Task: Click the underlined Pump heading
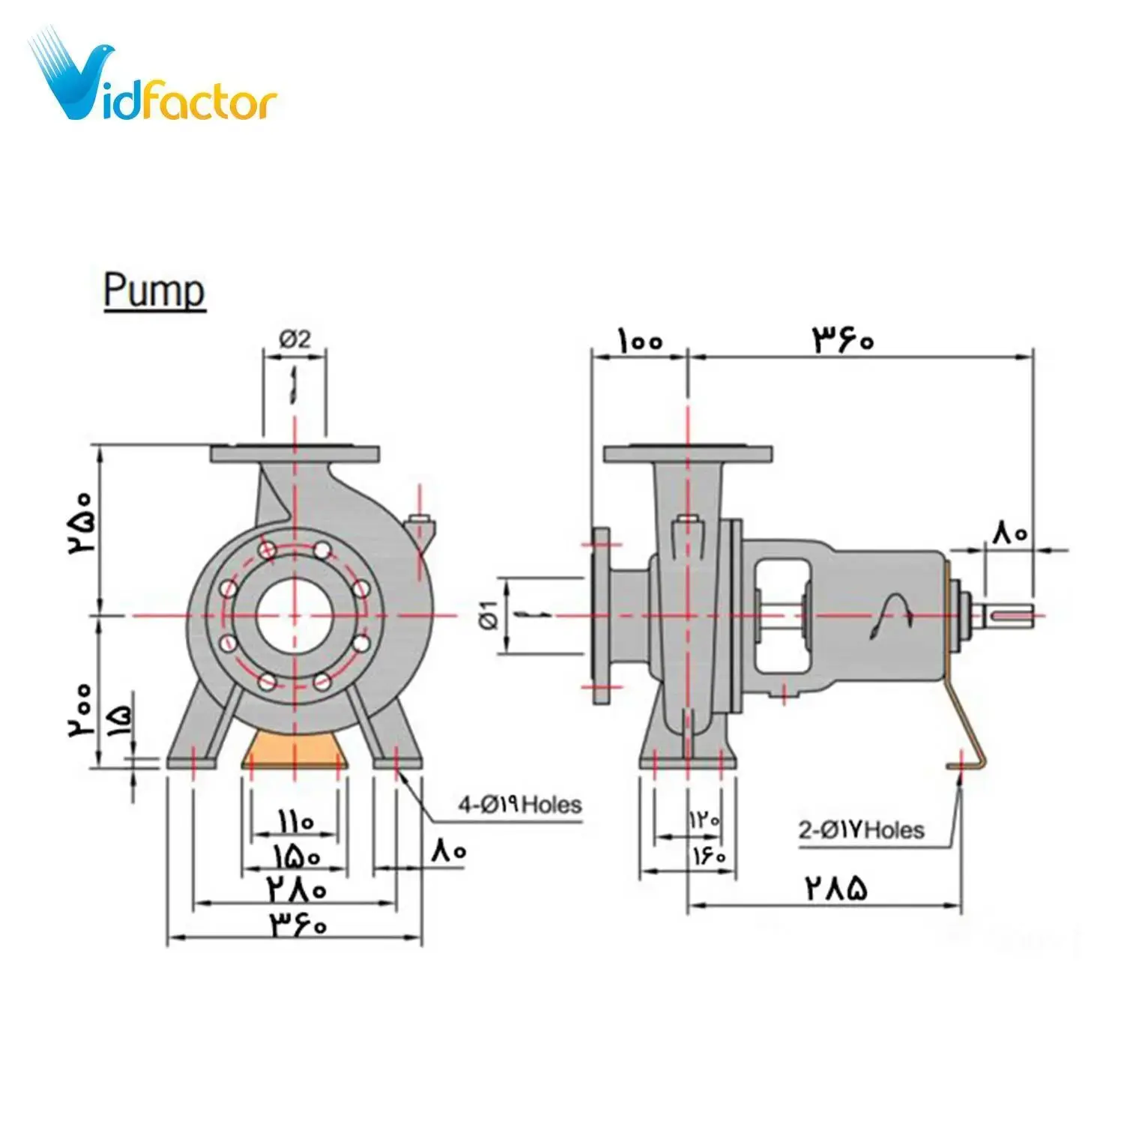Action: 154,291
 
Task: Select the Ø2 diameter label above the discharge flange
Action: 294,339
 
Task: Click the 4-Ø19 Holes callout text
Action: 520,806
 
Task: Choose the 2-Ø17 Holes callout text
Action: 861,830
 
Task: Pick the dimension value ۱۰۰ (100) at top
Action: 640,341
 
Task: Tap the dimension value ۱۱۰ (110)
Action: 295,822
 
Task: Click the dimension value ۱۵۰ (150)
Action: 295,855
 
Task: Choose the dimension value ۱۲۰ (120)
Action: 704,820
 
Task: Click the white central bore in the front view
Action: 294,615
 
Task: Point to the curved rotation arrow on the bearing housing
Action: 891,616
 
